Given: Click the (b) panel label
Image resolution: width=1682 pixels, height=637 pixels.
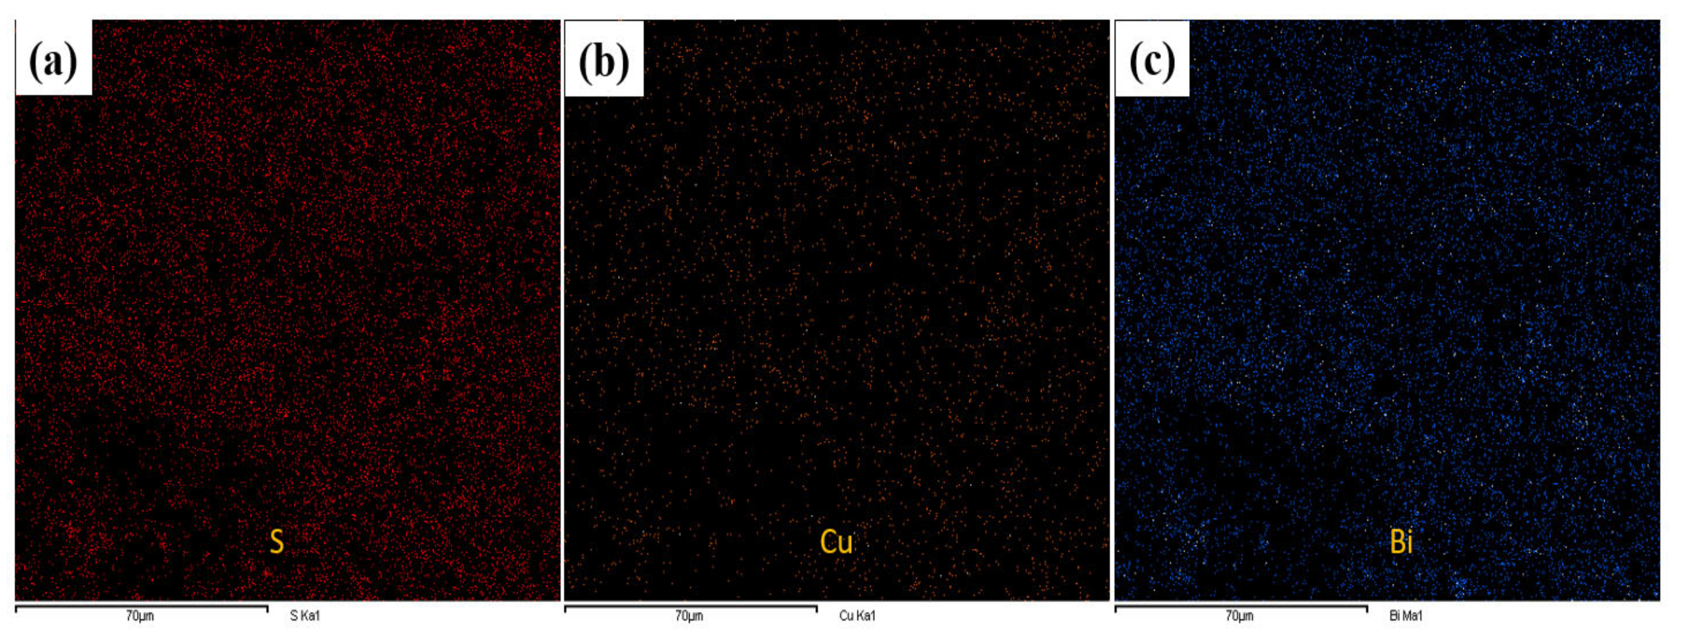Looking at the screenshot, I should [x=604, y=61].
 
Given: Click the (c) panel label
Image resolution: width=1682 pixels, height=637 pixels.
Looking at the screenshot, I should [x=1153, y=61].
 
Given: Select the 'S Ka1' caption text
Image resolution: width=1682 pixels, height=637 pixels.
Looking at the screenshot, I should [x=305, y=615].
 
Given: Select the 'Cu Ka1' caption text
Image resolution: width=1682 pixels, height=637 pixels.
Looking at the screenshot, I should [x=857, y=615].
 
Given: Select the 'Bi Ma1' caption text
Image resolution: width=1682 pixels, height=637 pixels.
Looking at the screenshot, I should [x=1406, y=615].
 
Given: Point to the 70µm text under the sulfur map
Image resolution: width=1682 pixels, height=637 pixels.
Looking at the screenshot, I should [x=140, y=616].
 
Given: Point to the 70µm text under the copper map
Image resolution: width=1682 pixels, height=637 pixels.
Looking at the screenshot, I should [x=689, y=616].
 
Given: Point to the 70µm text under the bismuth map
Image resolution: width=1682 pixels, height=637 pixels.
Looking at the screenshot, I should [x=1239, y=616].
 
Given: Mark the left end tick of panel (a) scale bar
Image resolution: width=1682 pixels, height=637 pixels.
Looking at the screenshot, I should [x=16, y=609].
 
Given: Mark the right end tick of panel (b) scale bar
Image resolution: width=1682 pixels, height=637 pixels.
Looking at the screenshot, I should [x=816, y=609].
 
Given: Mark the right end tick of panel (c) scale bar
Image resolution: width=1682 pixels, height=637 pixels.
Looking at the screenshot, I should [x=1366, y=609].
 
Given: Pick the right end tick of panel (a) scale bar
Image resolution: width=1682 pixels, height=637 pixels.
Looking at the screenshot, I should [x=267, y=609].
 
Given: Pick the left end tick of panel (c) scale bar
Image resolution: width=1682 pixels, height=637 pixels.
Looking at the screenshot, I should [x=1115, y=609].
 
